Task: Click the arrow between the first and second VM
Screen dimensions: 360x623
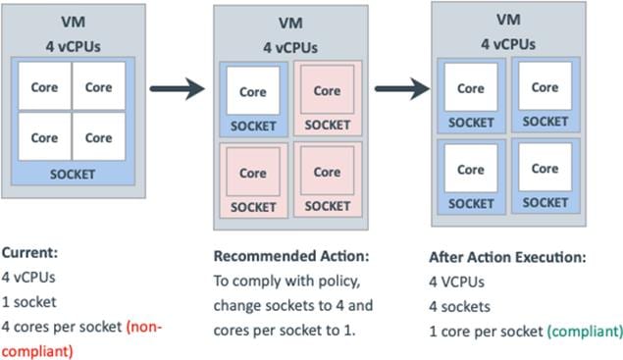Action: (177, 88)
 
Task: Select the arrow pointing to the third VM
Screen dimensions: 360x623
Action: (402, 89)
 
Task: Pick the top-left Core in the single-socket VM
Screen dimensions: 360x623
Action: (43, 86)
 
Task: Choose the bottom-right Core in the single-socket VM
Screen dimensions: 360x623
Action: (98, 137)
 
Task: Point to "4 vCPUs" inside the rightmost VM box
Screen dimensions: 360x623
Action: (507, 43)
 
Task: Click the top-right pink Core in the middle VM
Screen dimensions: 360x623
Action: (327, 90)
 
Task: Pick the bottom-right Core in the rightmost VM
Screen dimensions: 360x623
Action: (545, 169)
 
